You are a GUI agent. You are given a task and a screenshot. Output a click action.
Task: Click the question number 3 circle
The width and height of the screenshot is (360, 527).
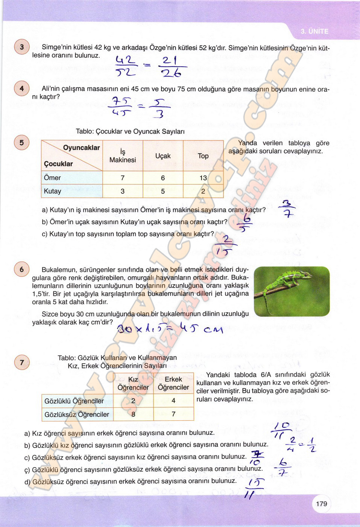click(x=21, y=47)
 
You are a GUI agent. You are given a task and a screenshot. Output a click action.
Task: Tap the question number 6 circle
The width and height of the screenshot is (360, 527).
click(x=21, y=269)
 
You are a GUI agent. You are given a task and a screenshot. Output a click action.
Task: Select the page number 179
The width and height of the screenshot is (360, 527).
click(x=321, y=504)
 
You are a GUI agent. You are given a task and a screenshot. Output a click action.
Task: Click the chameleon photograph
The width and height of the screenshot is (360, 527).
click(x=292, y=291)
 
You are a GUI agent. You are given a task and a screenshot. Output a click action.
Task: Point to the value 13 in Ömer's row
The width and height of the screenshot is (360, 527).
click(x=203, y=178)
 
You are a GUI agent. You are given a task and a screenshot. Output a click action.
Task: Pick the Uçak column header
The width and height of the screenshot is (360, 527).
click(x=163, y=156)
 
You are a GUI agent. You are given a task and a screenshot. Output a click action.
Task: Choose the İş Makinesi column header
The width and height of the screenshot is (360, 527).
click(x=123, y=156)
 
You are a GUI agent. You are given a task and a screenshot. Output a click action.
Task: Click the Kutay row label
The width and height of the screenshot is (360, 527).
click(x=53, y=191)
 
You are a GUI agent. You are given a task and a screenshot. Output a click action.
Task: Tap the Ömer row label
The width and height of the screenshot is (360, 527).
click(x=52, y=178)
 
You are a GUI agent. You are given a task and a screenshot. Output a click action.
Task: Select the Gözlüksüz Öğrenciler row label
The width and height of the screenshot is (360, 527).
click(x=77, y=414)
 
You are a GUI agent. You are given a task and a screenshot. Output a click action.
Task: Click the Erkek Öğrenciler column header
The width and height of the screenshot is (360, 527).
click(x=173, y=383)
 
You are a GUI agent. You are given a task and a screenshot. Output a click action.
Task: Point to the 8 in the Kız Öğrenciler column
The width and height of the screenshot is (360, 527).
click(x=133, y=414)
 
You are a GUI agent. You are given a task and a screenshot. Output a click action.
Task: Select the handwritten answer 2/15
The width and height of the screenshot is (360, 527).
click(x=225, y=246)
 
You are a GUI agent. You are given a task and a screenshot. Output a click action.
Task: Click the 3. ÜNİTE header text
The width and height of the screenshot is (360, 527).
click(x=314, y=31)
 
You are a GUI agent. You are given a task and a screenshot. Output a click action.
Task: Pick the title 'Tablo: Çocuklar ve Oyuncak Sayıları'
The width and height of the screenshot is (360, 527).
click(x=130, y=131)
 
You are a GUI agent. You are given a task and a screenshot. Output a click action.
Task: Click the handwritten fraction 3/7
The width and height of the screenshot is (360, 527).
click(x=288, y=209)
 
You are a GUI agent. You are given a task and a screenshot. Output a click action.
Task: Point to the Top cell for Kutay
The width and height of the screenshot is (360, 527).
click(x=203, y=191)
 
